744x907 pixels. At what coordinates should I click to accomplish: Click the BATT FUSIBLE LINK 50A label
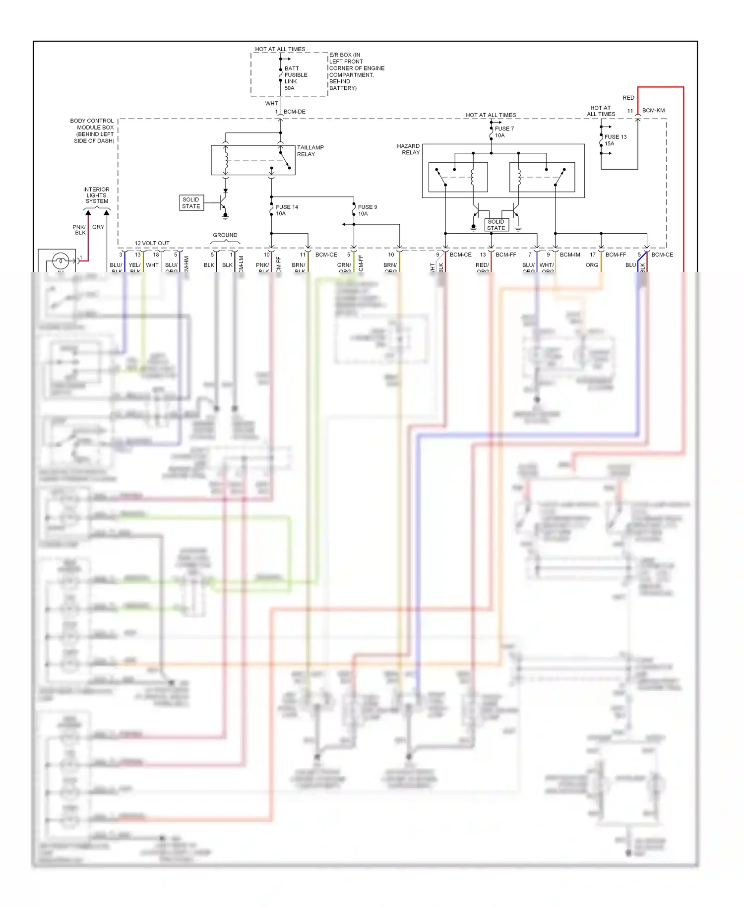(296, 78)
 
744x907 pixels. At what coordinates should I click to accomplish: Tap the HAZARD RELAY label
(408, 149)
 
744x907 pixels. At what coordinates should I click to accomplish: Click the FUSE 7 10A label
(504, 132)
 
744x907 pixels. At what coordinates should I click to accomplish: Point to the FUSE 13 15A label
(615, 140)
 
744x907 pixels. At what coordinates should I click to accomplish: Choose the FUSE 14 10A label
(286, 210)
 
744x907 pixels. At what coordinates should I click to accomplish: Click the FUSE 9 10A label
(367, 210)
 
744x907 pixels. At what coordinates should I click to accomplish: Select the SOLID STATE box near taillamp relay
(191, 203)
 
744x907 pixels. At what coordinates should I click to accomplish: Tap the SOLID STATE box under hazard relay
(496, 225)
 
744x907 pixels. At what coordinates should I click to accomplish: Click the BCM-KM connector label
(653, 111)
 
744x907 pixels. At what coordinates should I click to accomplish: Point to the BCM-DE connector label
(294, 112)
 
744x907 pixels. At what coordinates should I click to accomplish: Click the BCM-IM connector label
(570, 255)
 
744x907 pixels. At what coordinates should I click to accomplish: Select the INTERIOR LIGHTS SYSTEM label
(96, 195)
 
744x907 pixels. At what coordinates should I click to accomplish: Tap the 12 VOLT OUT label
(152, 243)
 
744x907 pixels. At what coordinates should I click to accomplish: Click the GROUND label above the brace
(225, 235)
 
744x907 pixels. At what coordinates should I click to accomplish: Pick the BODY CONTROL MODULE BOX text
(93, 130)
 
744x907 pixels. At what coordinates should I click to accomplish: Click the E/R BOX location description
(356, 71)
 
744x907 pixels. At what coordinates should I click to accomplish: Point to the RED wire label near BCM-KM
(628, 98)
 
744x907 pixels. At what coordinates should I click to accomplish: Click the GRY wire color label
(98, 227)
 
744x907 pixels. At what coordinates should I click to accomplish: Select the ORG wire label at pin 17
(591, 265)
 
